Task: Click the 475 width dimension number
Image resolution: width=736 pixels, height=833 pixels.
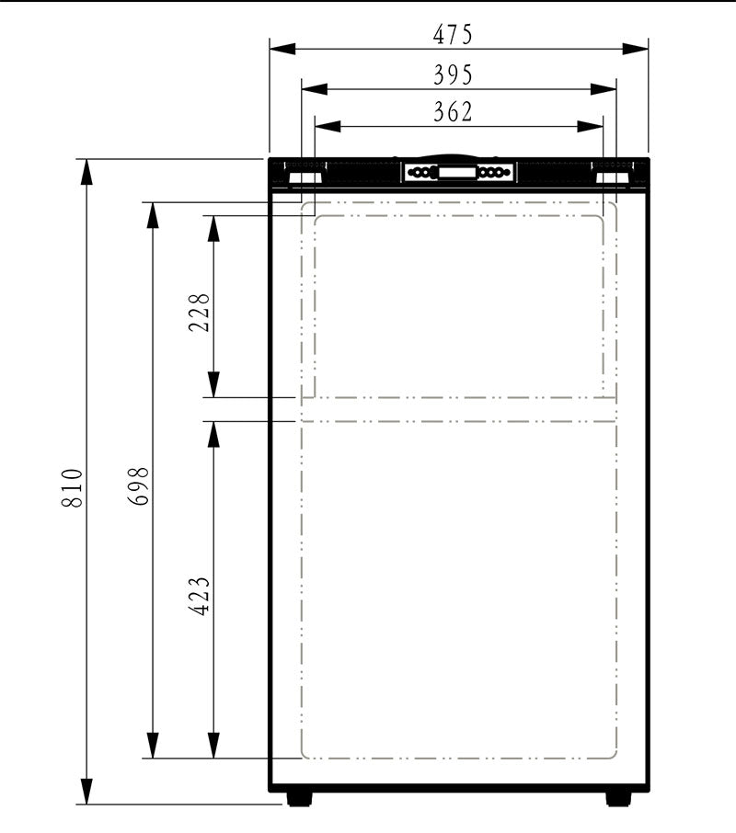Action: tap(452, 35)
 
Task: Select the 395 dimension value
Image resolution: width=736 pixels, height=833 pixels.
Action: tap(452, 74)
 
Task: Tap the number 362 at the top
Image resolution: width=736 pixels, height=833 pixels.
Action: tap(452, 112)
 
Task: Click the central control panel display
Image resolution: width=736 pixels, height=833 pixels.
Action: tap(457, 172)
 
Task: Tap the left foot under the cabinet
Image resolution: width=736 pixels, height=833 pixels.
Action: tap(298, 798)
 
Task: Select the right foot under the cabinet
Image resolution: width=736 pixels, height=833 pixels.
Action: tap(618, 798)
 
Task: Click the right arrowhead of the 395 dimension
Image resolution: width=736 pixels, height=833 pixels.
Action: tap(606, 89)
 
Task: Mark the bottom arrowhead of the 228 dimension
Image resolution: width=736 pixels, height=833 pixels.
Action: tap(213, 387)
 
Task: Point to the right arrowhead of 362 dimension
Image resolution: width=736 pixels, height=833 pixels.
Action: tap(593, 127)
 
